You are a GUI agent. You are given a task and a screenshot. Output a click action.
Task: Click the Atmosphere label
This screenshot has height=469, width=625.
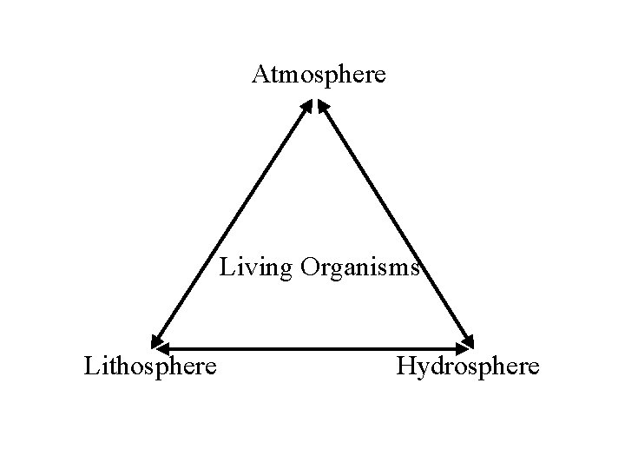click(x=319, y=75)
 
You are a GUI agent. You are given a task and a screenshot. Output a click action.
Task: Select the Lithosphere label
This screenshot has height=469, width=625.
click(x=150, y=366)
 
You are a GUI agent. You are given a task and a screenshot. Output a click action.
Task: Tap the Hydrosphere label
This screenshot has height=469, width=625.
click(x=467, y=366)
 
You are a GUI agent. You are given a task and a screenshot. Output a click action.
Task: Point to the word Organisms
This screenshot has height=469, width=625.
click(x=360, y=267)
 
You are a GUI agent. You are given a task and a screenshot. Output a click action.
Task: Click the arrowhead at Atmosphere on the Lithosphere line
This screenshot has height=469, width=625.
click(x=307, y=105)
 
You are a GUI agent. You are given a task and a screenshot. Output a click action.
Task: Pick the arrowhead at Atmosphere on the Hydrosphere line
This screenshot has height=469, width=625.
click(x=321, y=105)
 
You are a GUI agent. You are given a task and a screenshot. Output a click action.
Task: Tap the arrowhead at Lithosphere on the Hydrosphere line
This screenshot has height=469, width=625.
click(x=159, y=349)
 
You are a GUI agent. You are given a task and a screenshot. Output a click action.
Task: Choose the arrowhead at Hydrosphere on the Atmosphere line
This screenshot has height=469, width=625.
click(x=470, y=339)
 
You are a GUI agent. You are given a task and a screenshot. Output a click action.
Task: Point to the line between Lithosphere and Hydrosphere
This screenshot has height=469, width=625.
click(x=312, y=349)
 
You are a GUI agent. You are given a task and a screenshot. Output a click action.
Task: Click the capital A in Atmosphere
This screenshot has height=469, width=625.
click(x=260, y=75)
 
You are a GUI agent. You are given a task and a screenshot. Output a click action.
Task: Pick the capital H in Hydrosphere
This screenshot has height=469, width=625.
click(x=405, y=366)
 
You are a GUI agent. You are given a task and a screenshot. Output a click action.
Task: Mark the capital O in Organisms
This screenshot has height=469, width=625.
click(x=310, y=267)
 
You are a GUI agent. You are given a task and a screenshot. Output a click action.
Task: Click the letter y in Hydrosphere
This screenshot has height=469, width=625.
click(x=420, y=368)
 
